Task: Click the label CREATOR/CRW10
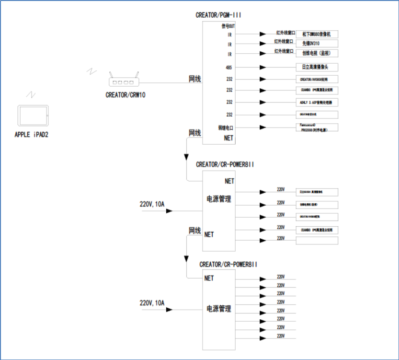click(x=125, y=95)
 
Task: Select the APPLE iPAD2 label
click(x=32, y=135)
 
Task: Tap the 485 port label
click(x=229, y=68)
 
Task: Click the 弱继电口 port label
click(x=225, y=128)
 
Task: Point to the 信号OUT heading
click(x=228, y=26)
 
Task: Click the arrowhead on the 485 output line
click(x=262, y=68)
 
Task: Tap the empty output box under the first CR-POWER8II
click(x=317, y=240)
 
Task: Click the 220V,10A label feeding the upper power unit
click(x=152, y=205)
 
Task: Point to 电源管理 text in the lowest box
click(x=218, y=308)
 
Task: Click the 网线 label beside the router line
click(x=194, y=78)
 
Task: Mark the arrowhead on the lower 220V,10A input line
click(x=170, y=310)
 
